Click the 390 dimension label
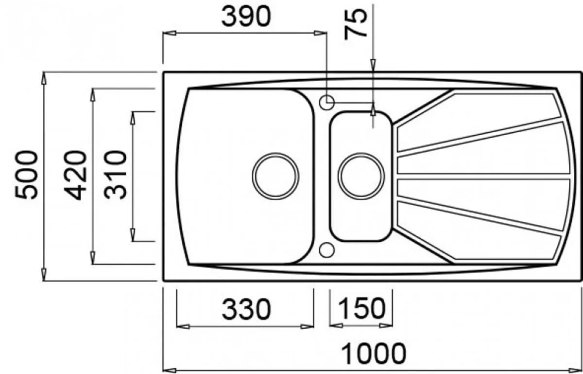[246, 17]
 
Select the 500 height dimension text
[26, 175]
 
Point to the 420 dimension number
[75, 175]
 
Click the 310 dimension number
[115, 175]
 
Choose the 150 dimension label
[362, 308]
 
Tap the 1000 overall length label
[373, 354]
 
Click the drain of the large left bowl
[275, 176]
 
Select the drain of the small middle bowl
[361, 176]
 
